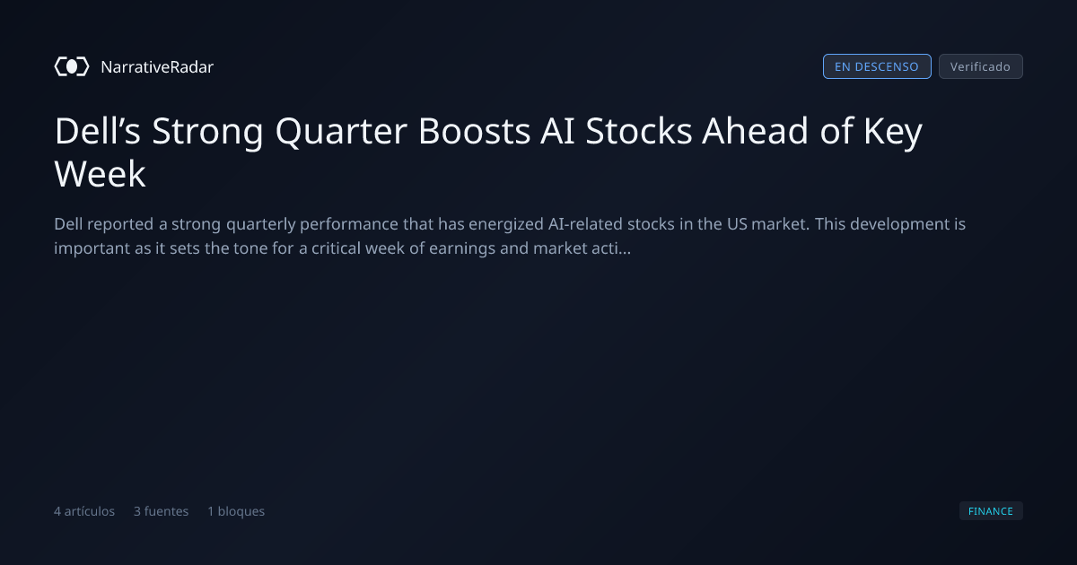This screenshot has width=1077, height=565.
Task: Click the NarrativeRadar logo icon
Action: (72, 66)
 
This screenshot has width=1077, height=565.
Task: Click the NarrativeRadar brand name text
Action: (157, 66)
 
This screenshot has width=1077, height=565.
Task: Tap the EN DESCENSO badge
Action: (877, 66)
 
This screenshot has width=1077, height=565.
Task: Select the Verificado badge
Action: (981, 66)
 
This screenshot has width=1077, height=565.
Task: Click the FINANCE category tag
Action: (991, 510)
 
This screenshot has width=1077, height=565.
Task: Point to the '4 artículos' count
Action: (84, 511)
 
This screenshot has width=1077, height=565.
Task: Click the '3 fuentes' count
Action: (161, 511)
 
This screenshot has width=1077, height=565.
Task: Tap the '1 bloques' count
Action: (236, 511)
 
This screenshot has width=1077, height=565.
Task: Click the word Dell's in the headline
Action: (97, 131)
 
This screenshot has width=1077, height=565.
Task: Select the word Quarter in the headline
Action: (341, 132)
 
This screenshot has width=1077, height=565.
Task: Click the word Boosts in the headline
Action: (475, 131)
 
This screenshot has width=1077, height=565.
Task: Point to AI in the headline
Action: (557, 131)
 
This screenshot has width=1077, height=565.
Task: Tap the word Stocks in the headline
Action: (638, 131)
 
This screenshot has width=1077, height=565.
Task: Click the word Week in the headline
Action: (100, 173)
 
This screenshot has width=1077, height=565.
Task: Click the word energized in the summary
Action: (506, 224)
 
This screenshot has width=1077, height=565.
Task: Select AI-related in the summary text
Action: (585, 224)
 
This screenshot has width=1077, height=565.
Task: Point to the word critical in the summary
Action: (336, 248)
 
